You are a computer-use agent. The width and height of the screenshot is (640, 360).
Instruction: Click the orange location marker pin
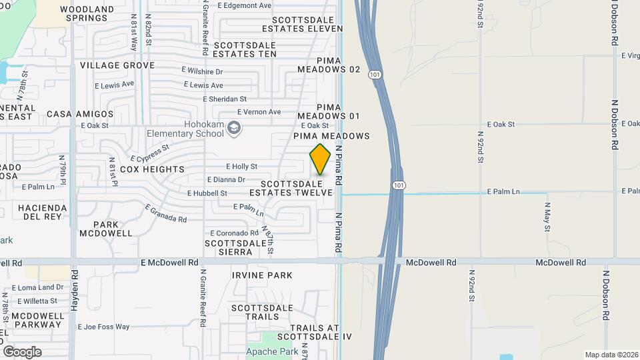[x=320, y=159]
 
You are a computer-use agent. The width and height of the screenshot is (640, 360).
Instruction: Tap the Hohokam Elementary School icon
[x=233, y=127]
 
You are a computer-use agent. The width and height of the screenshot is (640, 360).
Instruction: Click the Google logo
[x=22, y=352]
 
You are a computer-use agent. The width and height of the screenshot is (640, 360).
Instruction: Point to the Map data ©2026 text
[x=611, y=355]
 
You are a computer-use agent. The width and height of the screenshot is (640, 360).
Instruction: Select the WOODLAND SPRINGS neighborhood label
[x=87, y=13]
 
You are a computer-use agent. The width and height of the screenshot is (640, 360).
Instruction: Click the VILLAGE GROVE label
[x=117, y=65]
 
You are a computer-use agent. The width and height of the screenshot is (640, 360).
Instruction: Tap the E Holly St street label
[x=241, y=166]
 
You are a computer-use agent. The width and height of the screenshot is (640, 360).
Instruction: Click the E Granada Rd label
[x=166, y=213]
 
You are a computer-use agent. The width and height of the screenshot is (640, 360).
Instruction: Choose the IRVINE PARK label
[x=262, y=275]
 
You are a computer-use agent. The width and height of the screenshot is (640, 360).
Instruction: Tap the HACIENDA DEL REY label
[x=43, y=212]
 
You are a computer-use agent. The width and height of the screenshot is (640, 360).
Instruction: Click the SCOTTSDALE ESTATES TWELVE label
[x=291, y=188]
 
